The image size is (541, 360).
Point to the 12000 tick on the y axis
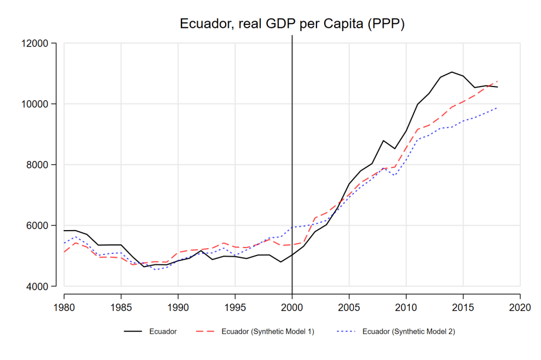point(47,43)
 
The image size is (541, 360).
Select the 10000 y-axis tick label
point(47,104)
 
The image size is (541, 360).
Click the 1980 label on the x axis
point(64,306)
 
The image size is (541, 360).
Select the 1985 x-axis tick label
point(121,306)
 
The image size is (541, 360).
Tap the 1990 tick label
point(178,306)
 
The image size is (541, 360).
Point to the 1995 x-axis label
point(235,306)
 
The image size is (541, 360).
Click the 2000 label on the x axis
point(292,306)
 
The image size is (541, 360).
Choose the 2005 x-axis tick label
point(349,306)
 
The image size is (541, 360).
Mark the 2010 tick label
point(406,306)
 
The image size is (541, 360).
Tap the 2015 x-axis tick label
point(463,306)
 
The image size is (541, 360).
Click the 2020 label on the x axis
point(520,306)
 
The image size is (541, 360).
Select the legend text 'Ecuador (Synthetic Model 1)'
point(268,331)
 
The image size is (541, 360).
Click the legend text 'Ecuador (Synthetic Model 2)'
point(408,331)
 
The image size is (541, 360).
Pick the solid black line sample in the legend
point(135,331)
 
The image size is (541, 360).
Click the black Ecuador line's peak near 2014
point(452,72)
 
